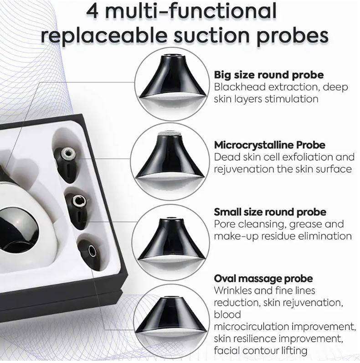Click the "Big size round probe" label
click(x=269, y=75)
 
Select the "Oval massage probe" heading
click(x=263, y=278)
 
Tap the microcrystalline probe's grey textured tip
click(x=170, y=134)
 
